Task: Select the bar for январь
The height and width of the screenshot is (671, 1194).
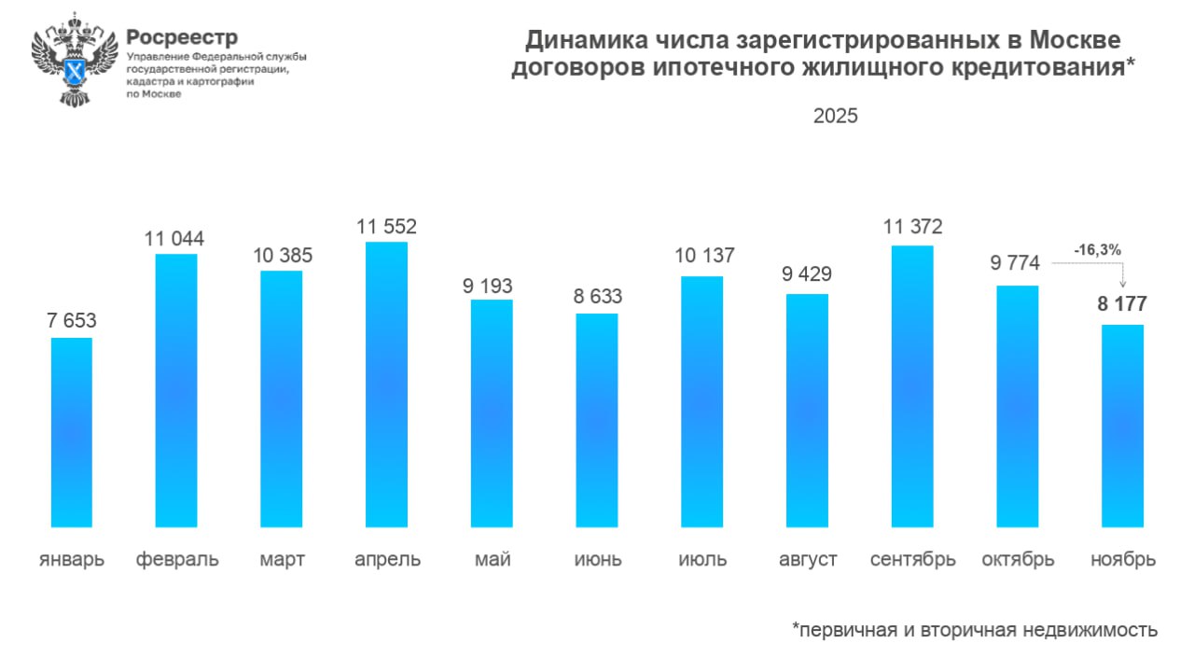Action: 71,432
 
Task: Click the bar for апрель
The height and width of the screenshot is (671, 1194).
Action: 386,384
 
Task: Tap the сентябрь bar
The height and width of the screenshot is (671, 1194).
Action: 912,386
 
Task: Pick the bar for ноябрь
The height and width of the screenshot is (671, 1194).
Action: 1122,426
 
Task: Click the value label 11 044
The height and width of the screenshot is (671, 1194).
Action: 174,239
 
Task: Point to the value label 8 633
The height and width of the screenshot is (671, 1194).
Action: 597,298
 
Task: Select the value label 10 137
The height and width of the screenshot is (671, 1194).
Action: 701,255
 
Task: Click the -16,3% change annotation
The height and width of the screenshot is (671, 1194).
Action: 1096,250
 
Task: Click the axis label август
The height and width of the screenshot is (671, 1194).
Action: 808,560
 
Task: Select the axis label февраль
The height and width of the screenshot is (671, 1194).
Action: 177,560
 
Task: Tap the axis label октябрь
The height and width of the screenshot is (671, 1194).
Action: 1018,560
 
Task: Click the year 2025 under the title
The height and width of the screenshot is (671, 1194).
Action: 835,117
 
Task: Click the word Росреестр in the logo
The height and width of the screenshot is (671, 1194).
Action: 182,37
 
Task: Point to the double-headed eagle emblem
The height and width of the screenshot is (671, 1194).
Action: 75,58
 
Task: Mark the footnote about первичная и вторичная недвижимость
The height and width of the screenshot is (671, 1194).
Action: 975,630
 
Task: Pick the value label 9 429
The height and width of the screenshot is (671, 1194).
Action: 807,274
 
